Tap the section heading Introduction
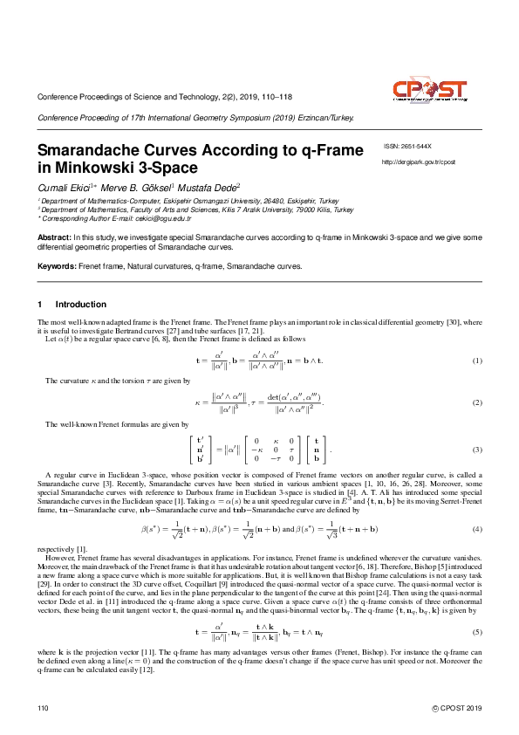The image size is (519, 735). point(81,304)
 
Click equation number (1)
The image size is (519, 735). point(476,361)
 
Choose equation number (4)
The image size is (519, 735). point(476,530)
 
